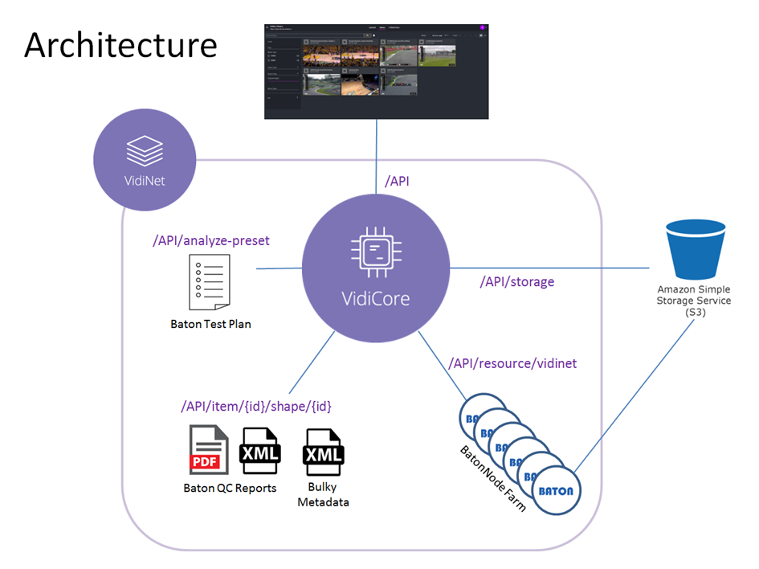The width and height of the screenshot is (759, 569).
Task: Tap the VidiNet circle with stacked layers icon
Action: tap(145, 161)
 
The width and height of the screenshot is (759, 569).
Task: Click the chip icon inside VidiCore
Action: tap(373, 250)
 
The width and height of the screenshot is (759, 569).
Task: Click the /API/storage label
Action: tap(517, 282)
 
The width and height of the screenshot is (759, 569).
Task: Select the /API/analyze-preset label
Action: tap(211, 240)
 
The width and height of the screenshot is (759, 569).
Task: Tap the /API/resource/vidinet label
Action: tap(512, 363)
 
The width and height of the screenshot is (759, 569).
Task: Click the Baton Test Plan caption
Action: tap(210, 325)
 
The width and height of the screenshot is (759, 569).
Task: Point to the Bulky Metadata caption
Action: tap(323, 495)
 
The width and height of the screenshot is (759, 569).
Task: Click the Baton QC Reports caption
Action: tap(230, 488)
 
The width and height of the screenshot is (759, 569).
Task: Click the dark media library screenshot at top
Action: tap(377, 72)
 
